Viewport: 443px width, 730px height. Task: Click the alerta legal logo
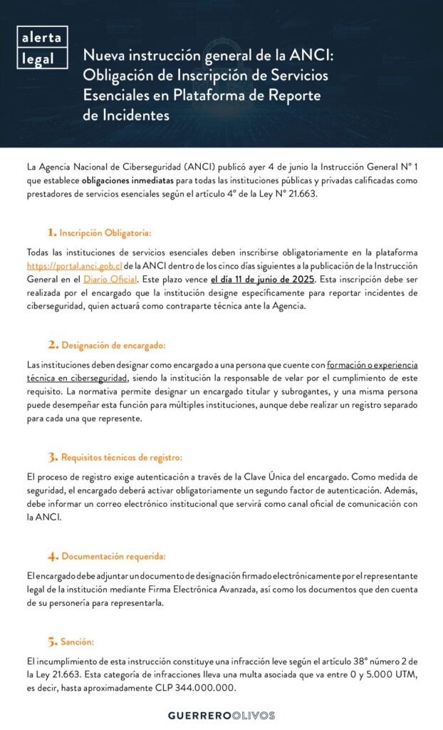point(42,48)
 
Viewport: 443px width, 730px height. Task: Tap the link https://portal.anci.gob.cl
point(70,265)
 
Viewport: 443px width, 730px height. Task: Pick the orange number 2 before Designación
point(53,345)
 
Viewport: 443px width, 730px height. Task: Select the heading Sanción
point(78,642)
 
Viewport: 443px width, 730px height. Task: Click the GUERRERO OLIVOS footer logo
point(221,715)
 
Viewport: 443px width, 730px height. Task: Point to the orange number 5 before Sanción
point(53,642)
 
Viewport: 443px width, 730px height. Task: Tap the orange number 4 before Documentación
point(53,556)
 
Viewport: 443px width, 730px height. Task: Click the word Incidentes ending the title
point(127,114)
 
